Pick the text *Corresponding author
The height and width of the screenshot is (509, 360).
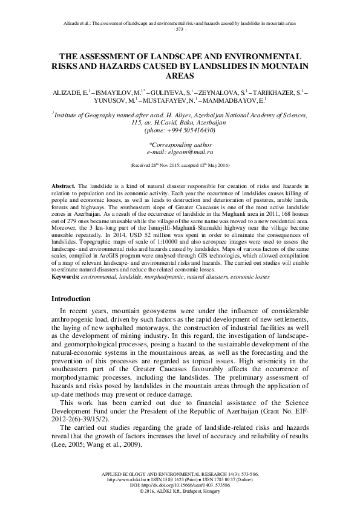(180, 144)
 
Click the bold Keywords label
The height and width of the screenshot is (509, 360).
(67, 276)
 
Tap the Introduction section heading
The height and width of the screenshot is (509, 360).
(71, 299)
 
